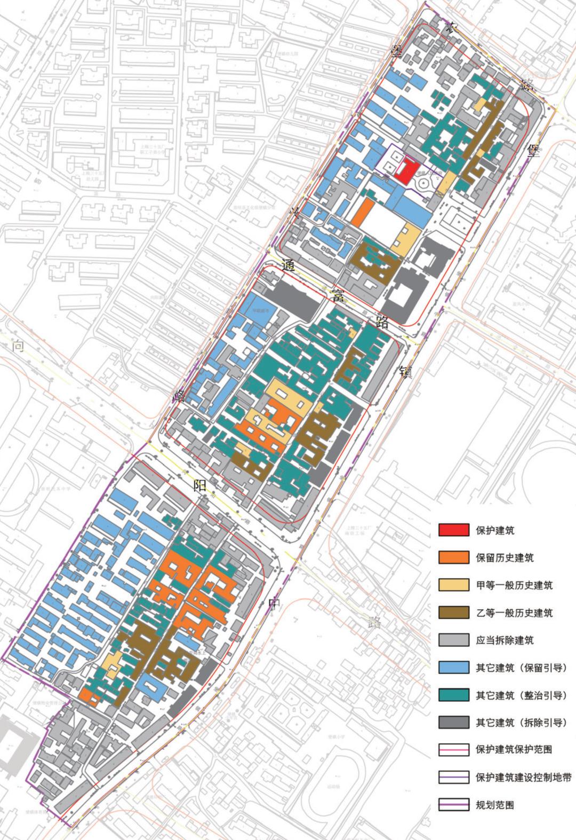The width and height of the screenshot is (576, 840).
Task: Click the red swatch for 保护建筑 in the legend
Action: point(454,530)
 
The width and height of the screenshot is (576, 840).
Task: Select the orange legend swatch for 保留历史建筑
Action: point(454,557)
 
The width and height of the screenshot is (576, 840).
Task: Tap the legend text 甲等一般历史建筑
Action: point(514,585)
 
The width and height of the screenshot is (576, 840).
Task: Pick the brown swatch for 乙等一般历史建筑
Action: point(454,612)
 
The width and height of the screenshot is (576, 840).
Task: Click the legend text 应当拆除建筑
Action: point(505,640)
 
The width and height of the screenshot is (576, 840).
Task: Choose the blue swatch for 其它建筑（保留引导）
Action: point(454,667)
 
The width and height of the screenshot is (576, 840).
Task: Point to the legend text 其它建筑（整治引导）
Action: point(525,695)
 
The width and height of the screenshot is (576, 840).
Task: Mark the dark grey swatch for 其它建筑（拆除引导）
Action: point(454,722)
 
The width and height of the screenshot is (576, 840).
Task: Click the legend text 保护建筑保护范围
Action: point(514,749)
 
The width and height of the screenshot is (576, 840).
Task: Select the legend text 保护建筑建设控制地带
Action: point(523,777)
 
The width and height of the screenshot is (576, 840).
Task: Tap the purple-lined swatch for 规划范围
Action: point(454,805)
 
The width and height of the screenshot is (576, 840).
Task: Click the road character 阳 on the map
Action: point(200,485)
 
